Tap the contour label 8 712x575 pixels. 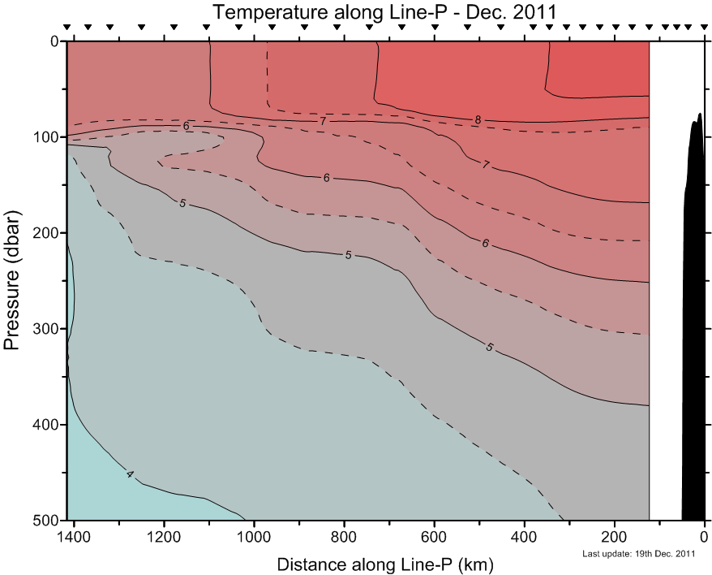(x=478, y=120)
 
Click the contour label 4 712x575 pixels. (x=130, y=473)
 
